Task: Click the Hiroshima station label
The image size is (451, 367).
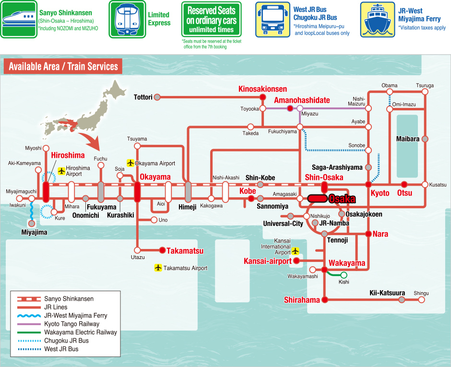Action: point(68,155)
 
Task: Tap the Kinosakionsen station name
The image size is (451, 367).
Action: point(262,89)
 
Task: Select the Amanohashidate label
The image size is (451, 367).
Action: point(302,100)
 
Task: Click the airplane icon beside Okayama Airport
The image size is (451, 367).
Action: point(130,163)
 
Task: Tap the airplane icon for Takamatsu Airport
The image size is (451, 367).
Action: point(158,268)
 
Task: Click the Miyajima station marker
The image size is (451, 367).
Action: point(32,223)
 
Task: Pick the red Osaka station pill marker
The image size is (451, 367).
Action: point(317,198)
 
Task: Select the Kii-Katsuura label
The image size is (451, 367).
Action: point(387,293)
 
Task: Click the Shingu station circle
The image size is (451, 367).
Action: point(422,300)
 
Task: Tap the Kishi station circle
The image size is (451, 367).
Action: point(344,275)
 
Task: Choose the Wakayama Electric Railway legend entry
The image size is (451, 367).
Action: point(81,332)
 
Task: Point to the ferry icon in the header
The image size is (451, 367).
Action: point(377,19)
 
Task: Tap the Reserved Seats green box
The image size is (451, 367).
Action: point(211,20)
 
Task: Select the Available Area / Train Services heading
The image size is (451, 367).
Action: point(63,66)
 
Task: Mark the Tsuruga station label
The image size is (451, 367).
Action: point(425,85)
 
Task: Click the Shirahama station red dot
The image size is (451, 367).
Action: point(325,300)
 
